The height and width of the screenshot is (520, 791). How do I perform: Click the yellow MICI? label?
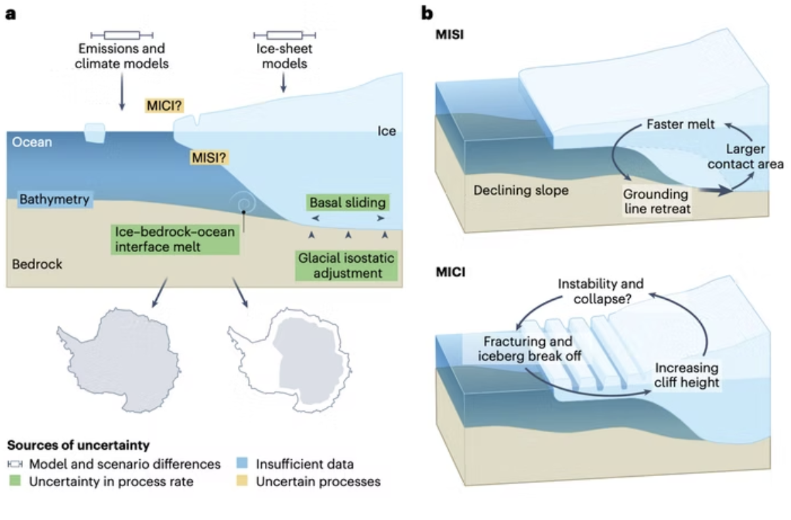coord(164,105)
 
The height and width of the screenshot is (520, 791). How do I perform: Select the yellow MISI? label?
coord(209,158)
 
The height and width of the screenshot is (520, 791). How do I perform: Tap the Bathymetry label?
coord(54,200)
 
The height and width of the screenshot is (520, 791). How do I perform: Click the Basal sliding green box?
coord(347,203)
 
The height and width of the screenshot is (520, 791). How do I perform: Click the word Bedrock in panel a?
coord(37,264)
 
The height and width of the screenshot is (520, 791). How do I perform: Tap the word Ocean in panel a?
coord(32,142)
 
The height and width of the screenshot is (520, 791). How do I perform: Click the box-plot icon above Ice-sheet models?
coord(284,34)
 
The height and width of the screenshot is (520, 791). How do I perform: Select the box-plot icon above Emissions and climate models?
coord(122,34)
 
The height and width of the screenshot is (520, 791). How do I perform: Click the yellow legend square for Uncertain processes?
coord(242,482)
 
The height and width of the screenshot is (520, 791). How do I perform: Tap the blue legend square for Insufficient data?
coord(242,465)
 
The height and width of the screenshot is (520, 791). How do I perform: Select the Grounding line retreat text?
coord(656,201)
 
